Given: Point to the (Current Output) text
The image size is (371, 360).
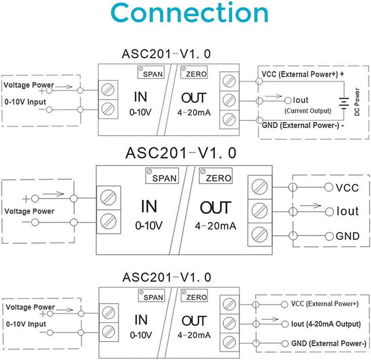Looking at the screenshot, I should [307, 111].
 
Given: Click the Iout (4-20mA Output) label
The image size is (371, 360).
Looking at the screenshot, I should [326, 324].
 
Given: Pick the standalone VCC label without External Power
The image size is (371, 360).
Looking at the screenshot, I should [347, 188].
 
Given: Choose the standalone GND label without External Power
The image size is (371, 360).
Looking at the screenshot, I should [347, 236].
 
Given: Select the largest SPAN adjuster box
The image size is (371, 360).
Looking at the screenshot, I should [162, 177].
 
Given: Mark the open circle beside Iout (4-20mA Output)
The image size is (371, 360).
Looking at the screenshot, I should [285, 325].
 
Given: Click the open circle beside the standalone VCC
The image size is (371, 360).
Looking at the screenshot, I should [328, 187].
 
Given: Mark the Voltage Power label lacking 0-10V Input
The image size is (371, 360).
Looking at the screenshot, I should [29, 211].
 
